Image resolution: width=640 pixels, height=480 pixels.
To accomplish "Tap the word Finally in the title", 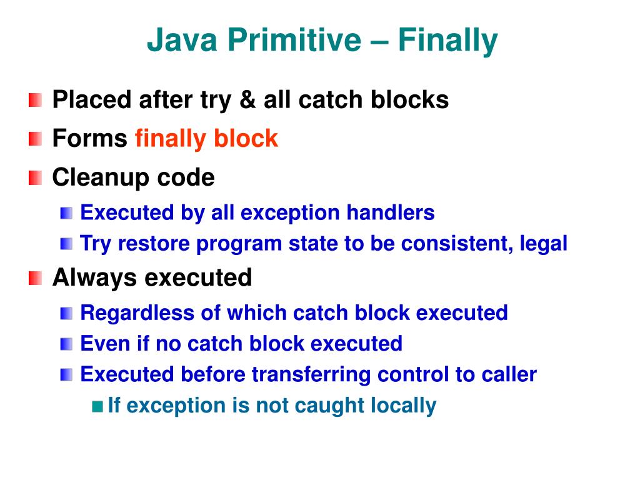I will (448, 41).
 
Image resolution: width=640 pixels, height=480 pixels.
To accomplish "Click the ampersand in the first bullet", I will (249, 100).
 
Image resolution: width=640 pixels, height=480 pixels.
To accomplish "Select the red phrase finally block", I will (206, 138).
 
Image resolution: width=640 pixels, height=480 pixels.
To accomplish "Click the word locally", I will (403, 406).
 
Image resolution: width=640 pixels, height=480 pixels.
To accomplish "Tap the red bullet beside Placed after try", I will (36, 100).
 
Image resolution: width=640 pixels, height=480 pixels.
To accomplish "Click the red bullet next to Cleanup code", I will (36, 178).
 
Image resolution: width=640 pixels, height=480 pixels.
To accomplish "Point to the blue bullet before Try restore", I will (66, 244).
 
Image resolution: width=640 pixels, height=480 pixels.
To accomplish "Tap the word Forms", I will (89, 138).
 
